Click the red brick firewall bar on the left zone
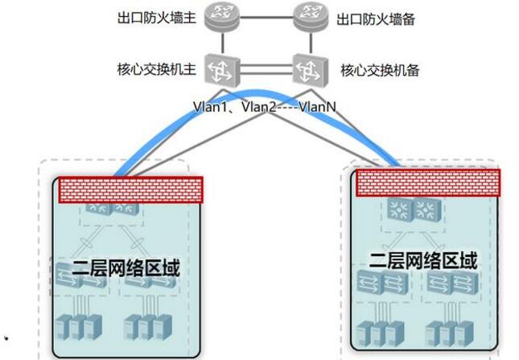(128, 189)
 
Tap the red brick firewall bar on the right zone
(428, 184)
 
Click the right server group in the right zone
(447, 332)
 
